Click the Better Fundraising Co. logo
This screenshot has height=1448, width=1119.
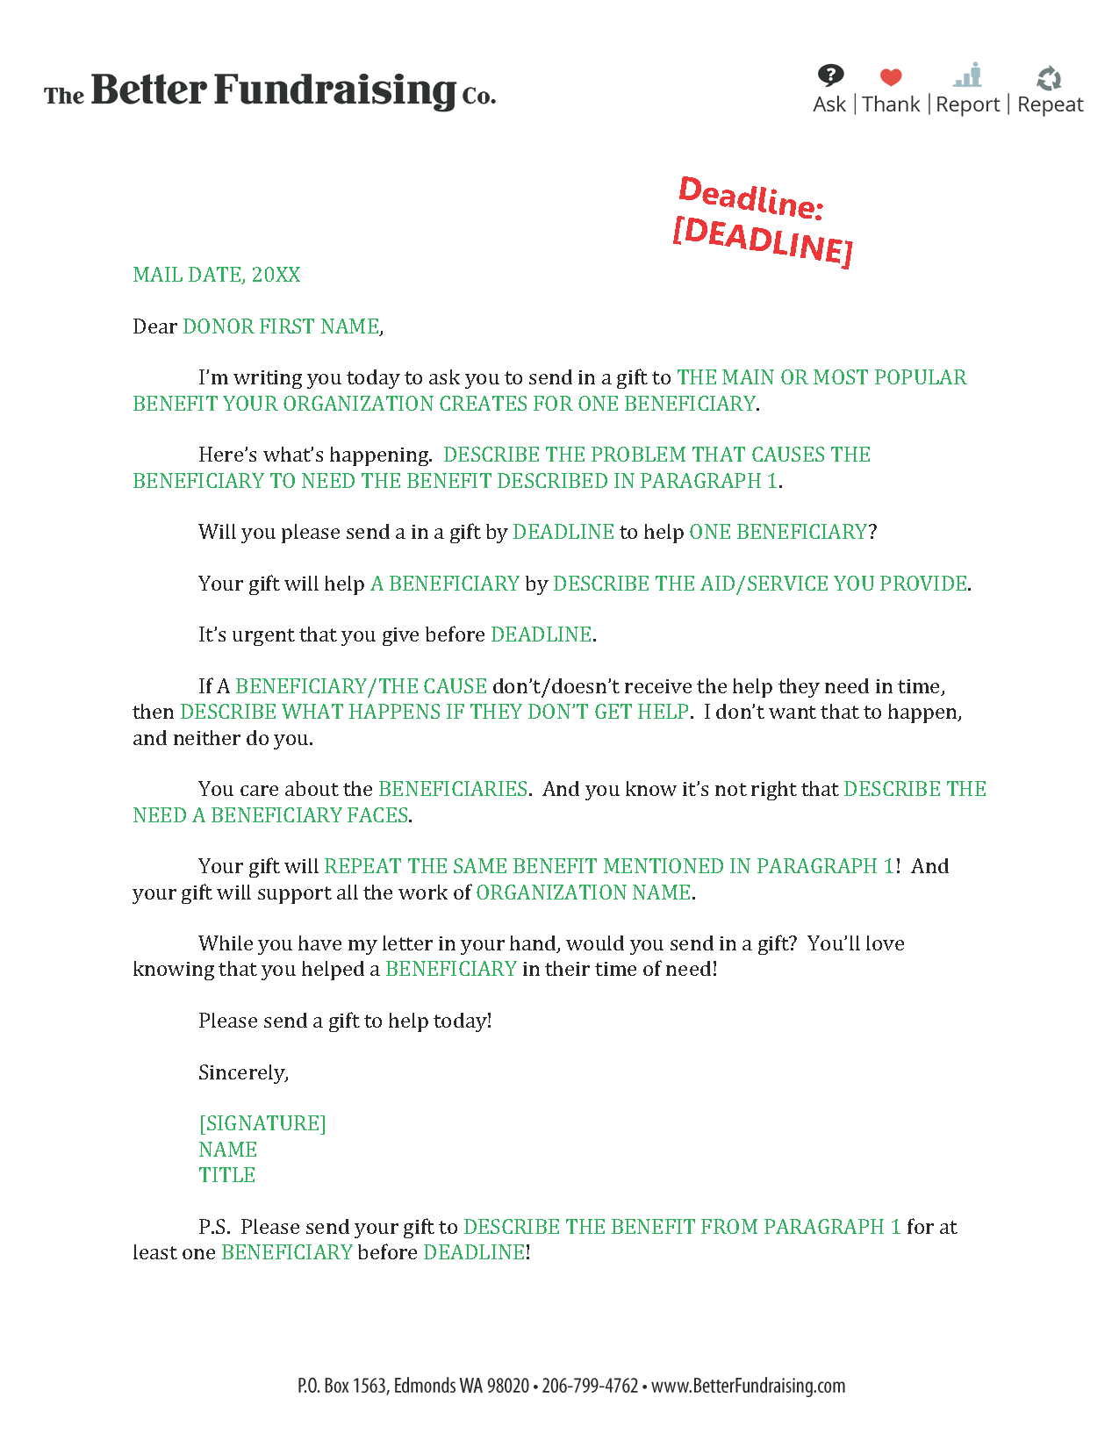pyautogui.click(x=270, y=90)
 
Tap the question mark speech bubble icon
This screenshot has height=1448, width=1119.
pyautogui.click(x=830, y=75)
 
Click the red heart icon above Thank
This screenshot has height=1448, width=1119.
pyautogui.click(x=891, y=77)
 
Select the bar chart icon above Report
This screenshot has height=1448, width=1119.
pyautogui.click(x=968, y=75)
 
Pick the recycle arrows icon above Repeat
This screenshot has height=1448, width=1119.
pyautogui.click(x=1049, y=78)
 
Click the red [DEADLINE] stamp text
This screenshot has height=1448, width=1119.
pyautogui.click(x=762, y=240)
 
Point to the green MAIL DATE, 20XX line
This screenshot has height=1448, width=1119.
pyautogui.click(x=217, y=275)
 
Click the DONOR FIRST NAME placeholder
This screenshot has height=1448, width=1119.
pyautogui.click(x=281, y=326)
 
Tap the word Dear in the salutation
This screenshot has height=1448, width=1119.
pyautogui.click(x=154, y=326)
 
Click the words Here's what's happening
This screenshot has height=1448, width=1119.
pyautogui.click(x=315, y=455)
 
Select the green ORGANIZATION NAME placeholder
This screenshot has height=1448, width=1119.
pyautogui.click(x=584, y=892)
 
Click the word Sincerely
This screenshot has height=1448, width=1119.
pyautogui.click(x=243, y=1072)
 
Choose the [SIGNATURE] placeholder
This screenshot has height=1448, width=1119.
pyautogui.click(x=262, y=1123)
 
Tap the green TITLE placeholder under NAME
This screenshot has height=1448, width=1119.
pyautogui.click(x=226, y=1175)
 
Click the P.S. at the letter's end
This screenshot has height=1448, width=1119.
pyautogui.click(x=214, y=1227)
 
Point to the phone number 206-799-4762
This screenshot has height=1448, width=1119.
pyautogui.click(x=590, y=1386)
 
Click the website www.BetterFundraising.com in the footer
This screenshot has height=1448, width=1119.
pyautogui.click(x=748, y=1386)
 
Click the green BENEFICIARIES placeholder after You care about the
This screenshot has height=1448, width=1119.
pyautogui.click(x=453, y=789)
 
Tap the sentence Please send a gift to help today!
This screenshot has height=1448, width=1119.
pyautogui.click(x=345, y=1021)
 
